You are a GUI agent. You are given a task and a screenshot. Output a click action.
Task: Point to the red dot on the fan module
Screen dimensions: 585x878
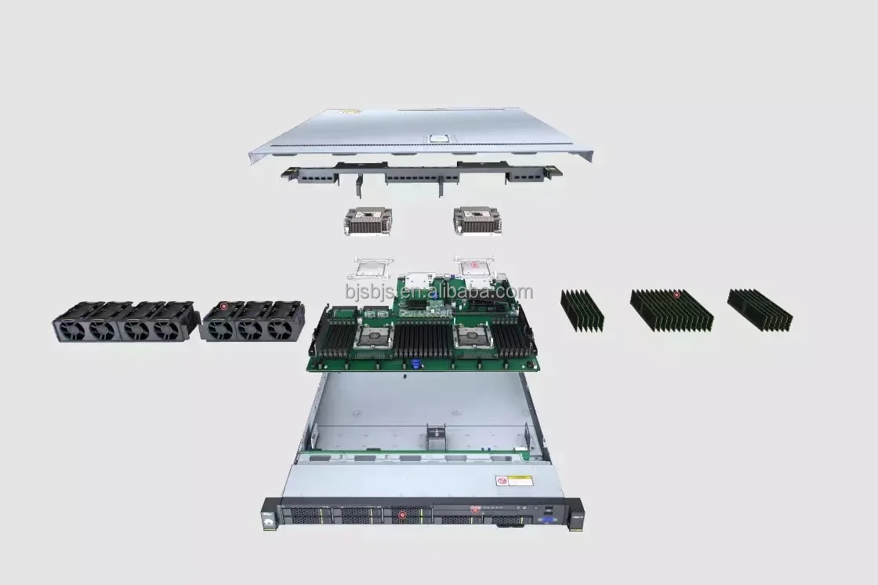pos(223,306)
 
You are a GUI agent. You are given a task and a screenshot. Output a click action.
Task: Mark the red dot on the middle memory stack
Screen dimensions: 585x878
pos(677,295)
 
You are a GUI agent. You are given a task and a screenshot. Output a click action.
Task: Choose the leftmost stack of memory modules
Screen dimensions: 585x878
pos(582,311)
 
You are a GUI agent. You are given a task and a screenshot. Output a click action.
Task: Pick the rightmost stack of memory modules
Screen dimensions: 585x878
pos(759,309)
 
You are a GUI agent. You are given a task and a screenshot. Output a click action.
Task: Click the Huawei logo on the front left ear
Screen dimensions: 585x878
pos(269,516)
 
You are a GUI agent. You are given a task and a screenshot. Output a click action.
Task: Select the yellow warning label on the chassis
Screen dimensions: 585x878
pos(513,480)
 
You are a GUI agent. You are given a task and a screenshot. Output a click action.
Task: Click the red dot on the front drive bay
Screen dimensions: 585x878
pos(402,515)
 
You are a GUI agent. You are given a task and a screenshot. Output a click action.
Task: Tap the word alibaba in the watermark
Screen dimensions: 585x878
pos(502,292)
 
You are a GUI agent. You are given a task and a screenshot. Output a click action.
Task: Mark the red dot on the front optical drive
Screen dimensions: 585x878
pos(474,509)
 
